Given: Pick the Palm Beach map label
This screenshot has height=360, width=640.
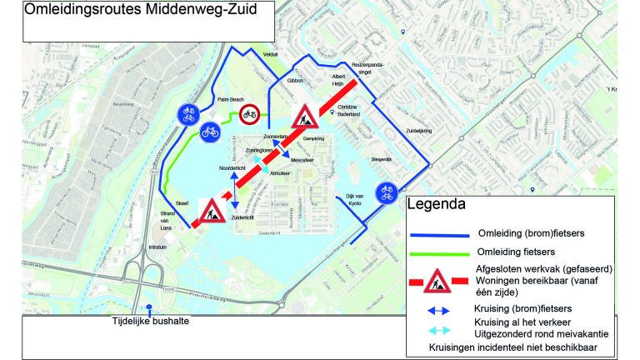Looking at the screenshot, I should [228, 99].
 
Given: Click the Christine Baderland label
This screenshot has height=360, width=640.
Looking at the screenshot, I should [347, 111].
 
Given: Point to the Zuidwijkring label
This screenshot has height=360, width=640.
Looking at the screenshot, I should [396, 132].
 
